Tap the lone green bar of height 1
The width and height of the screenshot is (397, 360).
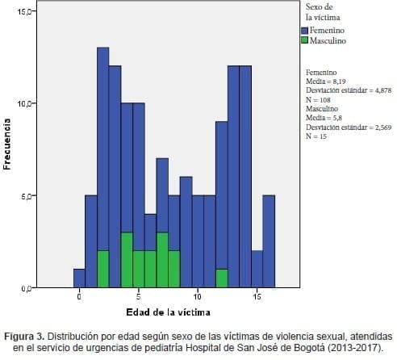point(221,278)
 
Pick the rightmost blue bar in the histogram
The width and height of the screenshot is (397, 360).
point(269,241)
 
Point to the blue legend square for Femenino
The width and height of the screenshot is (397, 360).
point(304,30)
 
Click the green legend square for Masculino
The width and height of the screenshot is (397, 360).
point(304,40)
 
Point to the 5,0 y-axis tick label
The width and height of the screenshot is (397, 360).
point(26,196)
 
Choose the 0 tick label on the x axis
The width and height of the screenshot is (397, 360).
point(79,297)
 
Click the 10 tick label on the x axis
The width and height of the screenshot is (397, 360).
point(198,297)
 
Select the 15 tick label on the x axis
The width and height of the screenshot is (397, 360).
point(257,297)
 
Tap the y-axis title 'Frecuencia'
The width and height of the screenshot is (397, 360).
point(7,145)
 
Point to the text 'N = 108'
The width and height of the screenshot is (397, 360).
point(320,98)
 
